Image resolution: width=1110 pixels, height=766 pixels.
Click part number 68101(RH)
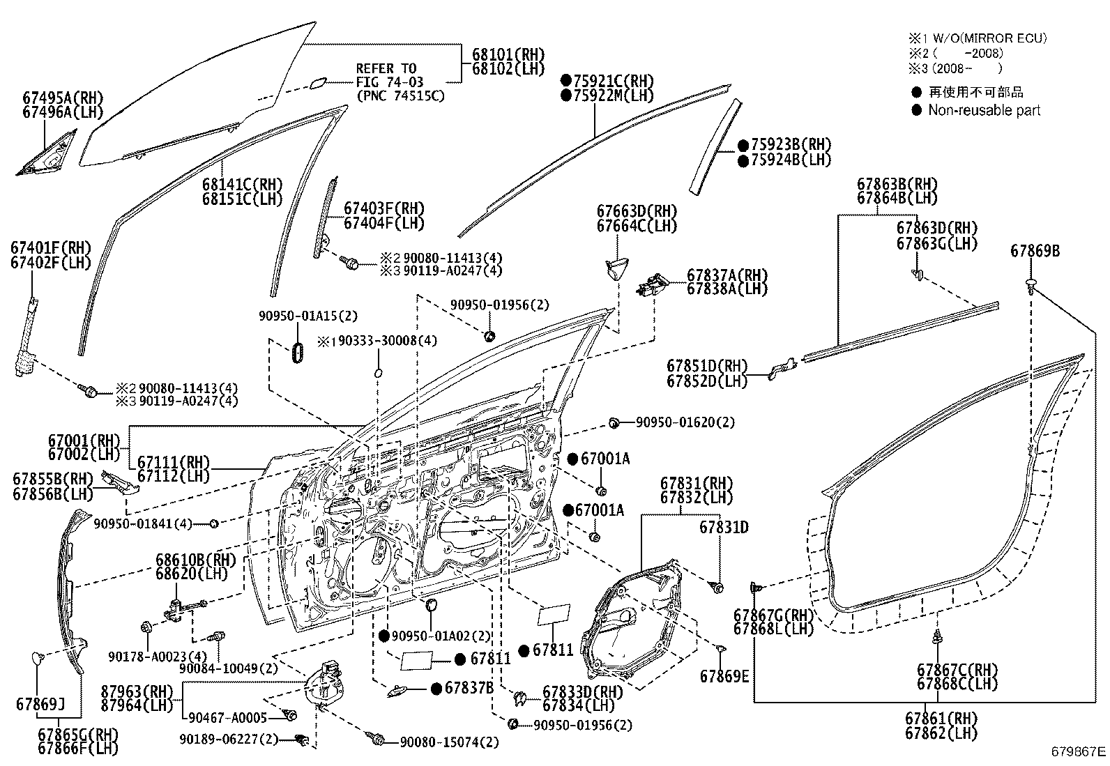point(508,54)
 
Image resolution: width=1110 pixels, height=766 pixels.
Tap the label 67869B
point(1035,251)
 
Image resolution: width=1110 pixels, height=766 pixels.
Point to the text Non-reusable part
point(984,110)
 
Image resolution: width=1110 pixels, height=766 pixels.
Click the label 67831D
point(724,528)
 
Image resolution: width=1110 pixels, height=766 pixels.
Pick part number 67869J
point(40,704)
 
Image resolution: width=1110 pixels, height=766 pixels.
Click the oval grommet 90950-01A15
point(296,352)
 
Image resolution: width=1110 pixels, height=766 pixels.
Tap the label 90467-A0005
point(228,718)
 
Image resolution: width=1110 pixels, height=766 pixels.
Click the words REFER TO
point(386,68)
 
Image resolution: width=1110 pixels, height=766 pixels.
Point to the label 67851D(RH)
point(706,366)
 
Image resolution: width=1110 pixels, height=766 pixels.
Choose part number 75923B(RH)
point(791,145)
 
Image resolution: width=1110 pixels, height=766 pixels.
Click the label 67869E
point(724,676)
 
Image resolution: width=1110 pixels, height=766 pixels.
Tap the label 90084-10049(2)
point(228,667)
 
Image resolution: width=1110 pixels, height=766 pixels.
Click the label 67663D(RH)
point(636,211)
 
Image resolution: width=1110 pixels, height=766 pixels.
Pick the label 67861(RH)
point(941,718)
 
